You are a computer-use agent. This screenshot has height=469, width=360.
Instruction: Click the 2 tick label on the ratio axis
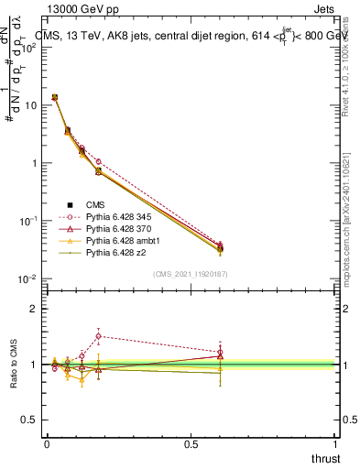[x=35, y=309]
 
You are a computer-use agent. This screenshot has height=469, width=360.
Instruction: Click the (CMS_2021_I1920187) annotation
[x=190, y=274]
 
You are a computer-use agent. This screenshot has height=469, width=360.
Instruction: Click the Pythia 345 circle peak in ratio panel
[x=98, y=336]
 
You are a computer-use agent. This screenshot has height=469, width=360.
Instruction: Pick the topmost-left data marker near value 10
[x=55, y=97]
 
